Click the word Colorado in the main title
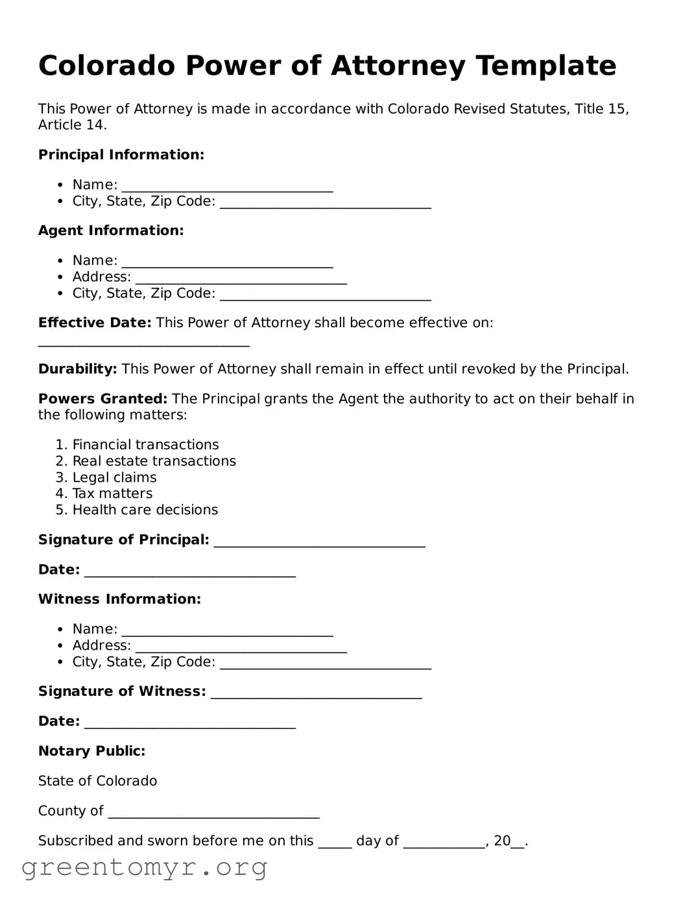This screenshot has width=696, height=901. coord(106,66)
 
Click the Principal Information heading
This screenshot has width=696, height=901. coord(121,154)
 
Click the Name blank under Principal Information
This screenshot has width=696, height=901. coord(227,187)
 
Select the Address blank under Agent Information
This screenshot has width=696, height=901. coord(241,279)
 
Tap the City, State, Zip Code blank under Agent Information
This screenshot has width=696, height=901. coord(325,295)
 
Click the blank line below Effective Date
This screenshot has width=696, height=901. coord(143,342)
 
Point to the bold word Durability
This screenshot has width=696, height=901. coord(77,369)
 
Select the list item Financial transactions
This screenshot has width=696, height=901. coord(145,445)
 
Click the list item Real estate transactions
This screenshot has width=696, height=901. coord(154,461)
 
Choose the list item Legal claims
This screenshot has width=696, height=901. coord(114,478)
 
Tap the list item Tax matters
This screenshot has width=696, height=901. coord(112,494)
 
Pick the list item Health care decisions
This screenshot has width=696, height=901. coord(145,510)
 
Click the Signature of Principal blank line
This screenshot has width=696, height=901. coord(319,542)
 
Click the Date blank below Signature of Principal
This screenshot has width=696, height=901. coord(190,572)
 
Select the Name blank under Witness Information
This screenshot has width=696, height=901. coord(227,631)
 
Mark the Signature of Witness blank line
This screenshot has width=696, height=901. coord(316,694)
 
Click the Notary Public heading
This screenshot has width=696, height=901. coord(91,751)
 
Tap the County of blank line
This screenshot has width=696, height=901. coord(213,813)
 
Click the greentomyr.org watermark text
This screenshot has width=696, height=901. coord(144,867)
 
